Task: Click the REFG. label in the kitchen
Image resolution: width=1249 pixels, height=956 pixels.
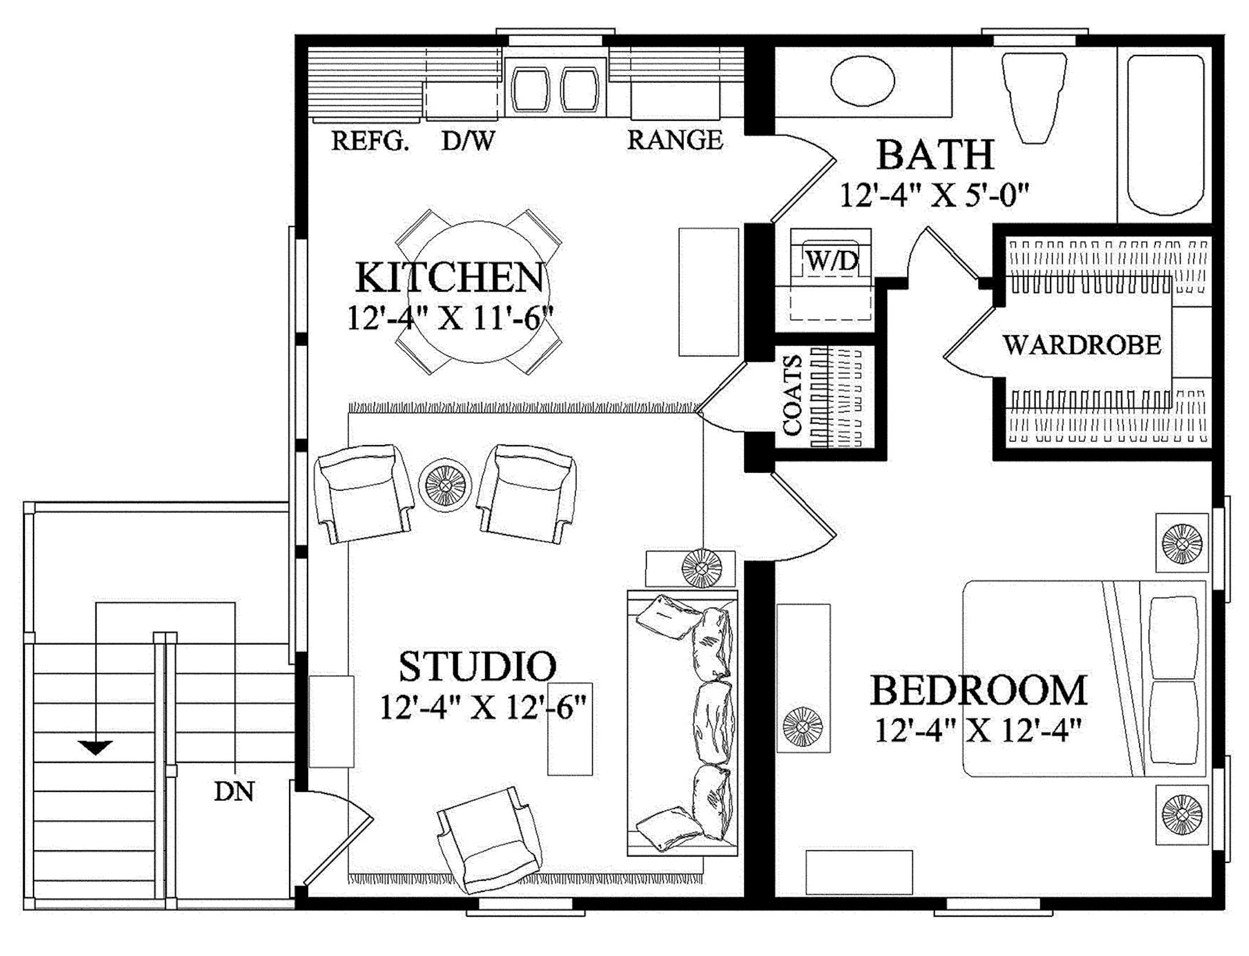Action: tap(370, 140)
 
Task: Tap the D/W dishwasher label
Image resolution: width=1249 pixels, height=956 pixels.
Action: tap(468, 140)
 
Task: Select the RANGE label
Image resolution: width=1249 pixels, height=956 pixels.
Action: tap(675, 140)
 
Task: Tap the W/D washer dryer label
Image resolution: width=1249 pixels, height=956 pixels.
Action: tap(832, 261)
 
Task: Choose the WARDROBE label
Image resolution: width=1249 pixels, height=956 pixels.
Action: tap(1082, 345)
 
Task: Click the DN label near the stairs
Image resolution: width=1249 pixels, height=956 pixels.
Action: tap(234, 791)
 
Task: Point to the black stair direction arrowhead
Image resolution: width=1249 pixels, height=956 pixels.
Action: tap(95, 747)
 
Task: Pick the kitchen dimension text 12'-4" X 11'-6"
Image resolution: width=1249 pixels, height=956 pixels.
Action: tap(450, 318)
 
